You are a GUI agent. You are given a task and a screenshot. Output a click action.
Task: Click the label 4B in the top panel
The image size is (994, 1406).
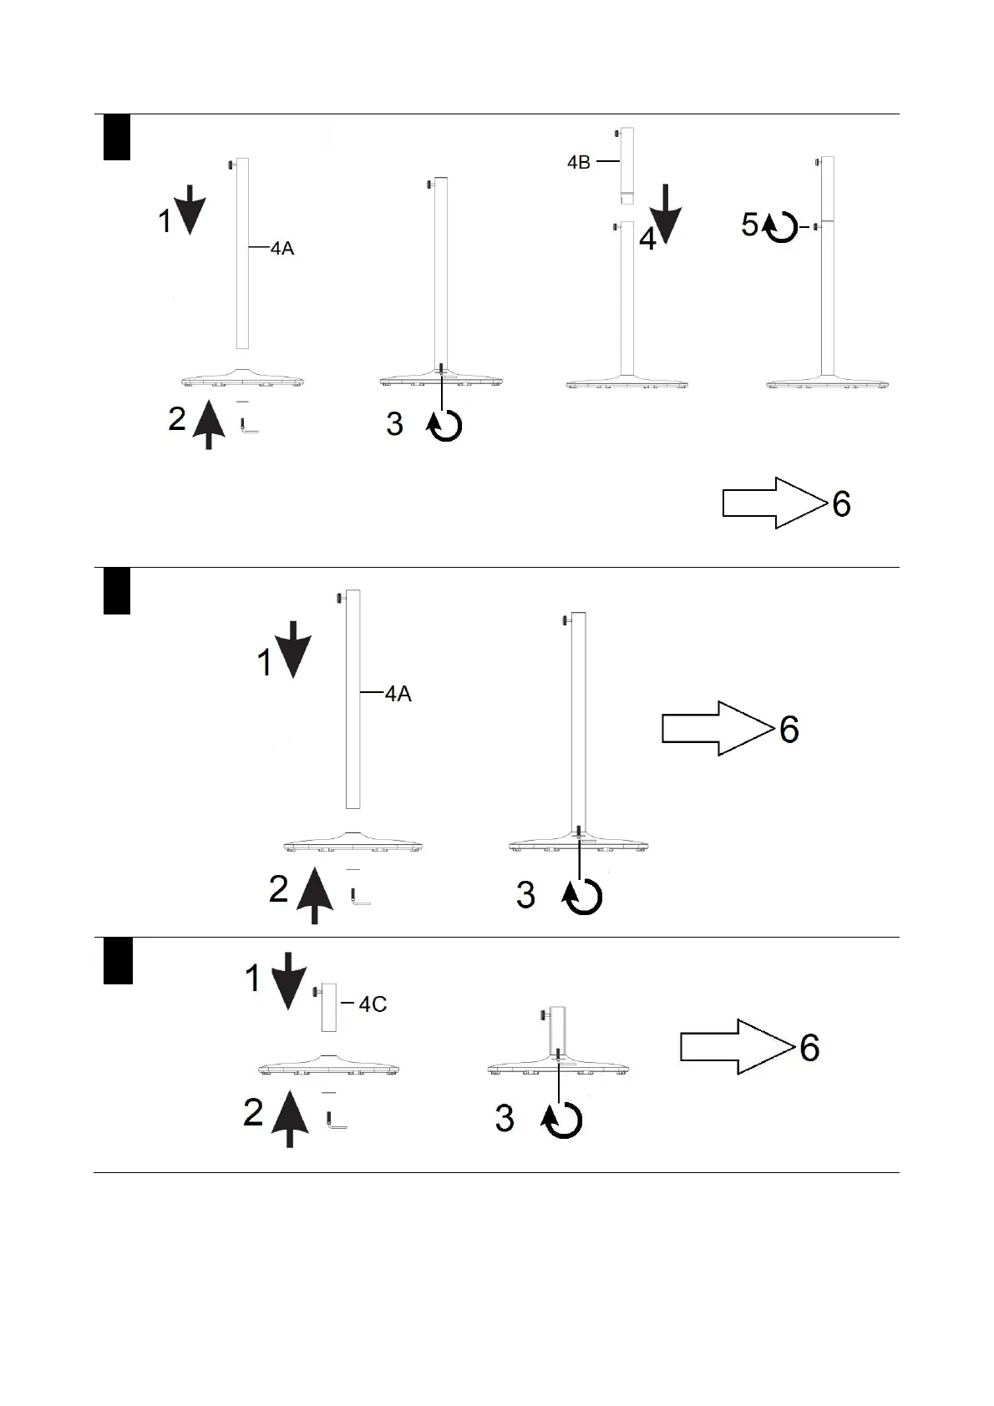(578, 162)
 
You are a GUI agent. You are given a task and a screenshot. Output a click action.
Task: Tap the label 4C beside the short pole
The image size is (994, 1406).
(373, 1004)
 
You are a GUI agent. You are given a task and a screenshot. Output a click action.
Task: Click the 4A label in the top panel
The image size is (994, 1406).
(282, 248)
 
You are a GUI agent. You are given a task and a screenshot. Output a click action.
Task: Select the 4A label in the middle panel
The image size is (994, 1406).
(398, 694)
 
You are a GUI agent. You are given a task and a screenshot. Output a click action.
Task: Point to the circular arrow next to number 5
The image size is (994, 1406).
(781, 227)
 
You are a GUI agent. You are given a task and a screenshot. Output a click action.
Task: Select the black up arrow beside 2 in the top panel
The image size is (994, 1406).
(209, 424)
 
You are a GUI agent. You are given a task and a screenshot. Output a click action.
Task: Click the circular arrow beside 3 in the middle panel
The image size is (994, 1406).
(583, 897)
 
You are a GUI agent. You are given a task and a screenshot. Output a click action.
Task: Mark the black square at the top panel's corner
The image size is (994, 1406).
(117, 137)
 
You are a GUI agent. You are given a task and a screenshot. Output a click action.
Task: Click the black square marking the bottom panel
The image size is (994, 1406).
(118, 961)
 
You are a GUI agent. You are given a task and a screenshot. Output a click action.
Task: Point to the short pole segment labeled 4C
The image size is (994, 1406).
(329, 1007)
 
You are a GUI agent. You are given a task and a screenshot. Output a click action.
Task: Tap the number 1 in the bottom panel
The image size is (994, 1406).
(253, 979)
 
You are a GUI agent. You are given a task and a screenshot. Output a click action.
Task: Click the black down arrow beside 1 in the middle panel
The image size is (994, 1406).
(293, 648)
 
